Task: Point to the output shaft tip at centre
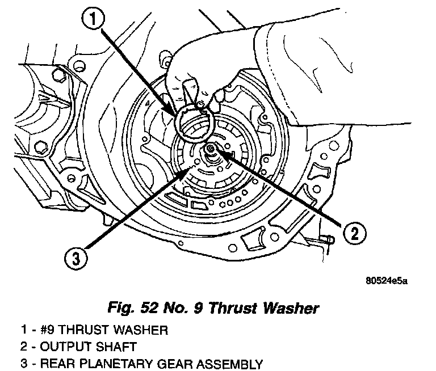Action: pos(211,149)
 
